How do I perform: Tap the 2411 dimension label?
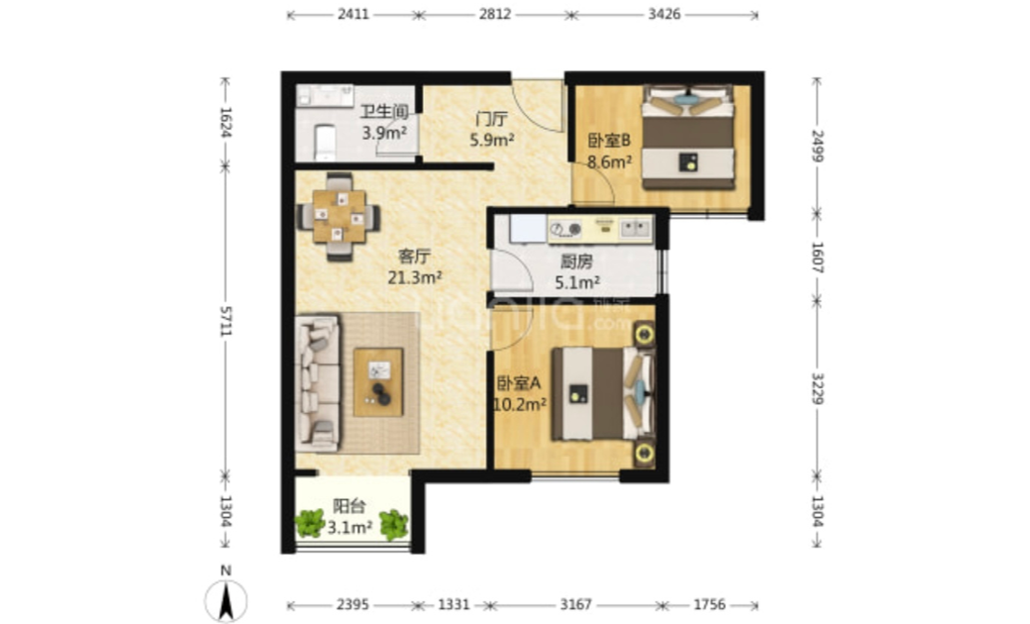pyautogui.click(x=354, y=14)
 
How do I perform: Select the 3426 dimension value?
pyautogui.click(x=665, y=14)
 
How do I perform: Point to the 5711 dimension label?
pyautogui.click(x=226, y=321)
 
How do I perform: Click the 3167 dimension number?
pyautogui.click(x=576, y=604)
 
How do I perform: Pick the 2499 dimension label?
pyautogui.click(x=818, y=146)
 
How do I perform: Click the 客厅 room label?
pyautogui.click(x=414, y=257)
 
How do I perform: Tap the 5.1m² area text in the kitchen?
pyautogui.click(x=576, y=283)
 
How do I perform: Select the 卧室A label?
pyautogui.click(x=518, y=383)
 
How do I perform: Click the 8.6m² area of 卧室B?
pyautogui.click(x=609, y=160)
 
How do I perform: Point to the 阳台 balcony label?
pyautogui.click(x=349, y=506)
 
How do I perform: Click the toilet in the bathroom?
pyautogui.click(x=325, y=143)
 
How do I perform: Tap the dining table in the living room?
pyautogui.click(x=339, y=216)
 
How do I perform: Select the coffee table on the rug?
pyautogui.click(x=378, y=381)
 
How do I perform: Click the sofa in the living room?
pyautogui.click(x=318, y=383)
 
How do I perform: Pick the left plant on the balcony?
pyautogui.click(x=309, y=524)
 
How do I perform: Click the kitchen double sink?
pyautogui.click(x=635, y=229)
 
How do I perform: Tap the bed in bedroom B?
pyautogui.click(x=687, y=138)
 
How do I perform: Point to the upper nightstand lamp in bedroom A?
pyautogui.click(x=644, y=335)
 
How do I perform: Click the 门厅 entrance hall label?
pyautogui.click(x=491, y=120)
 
